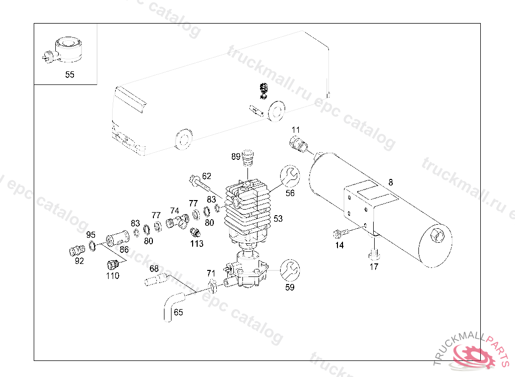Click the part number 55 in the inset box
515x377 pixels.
coord(69,74)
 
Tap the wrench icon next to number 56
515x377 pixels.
coord(290,176)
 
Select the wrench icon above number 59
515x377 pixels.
coord(290,270)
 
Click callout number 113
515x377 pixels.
coord(197,244)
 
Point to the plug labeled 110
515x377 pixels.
coord(113,264)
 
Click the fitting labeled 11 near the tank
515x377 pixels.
coord(298,144)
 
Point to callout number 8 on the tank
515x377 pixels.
coord(390,182)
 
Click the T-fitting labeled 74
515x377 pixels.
coord(178,221)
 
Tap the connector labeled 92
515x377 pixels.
coord(77,250)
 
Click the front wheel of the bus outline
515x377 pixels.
coord(183,139)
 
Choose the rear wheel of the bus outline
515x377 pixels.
coord(277,111)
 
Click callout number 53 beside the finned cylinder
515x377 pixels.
coord(278,218)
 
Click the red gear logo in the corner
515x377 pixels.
coord(474,355)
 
